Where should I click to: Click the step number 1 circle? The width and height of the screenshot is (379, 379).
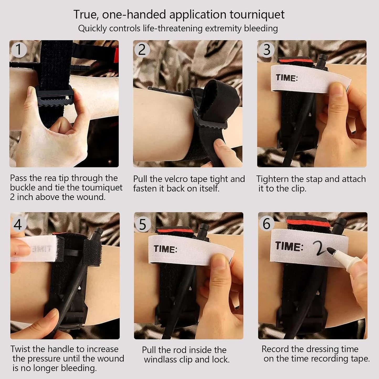pos(19,50)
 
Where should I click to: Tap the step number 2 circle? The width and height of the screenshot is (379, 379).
pos(142,50)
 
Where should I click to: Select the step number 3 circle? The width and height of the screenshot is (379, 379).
pos(266,50)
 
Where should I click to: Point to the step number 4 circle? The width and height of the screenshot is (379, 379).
pos(18,224)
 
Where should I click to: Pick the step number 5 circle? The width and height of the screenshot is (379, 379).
pos(143,224)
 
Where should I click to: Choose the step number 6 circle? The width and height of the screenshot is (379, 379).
pos(267,224)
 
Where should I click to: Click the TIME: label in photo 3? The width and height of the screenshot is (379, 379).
pos(287,78)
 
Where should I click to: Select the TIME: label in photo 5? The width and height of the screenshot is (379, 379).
pos(165,249)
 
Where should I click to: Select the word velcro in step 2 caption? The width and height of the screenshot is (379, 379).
pos(176,179)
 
